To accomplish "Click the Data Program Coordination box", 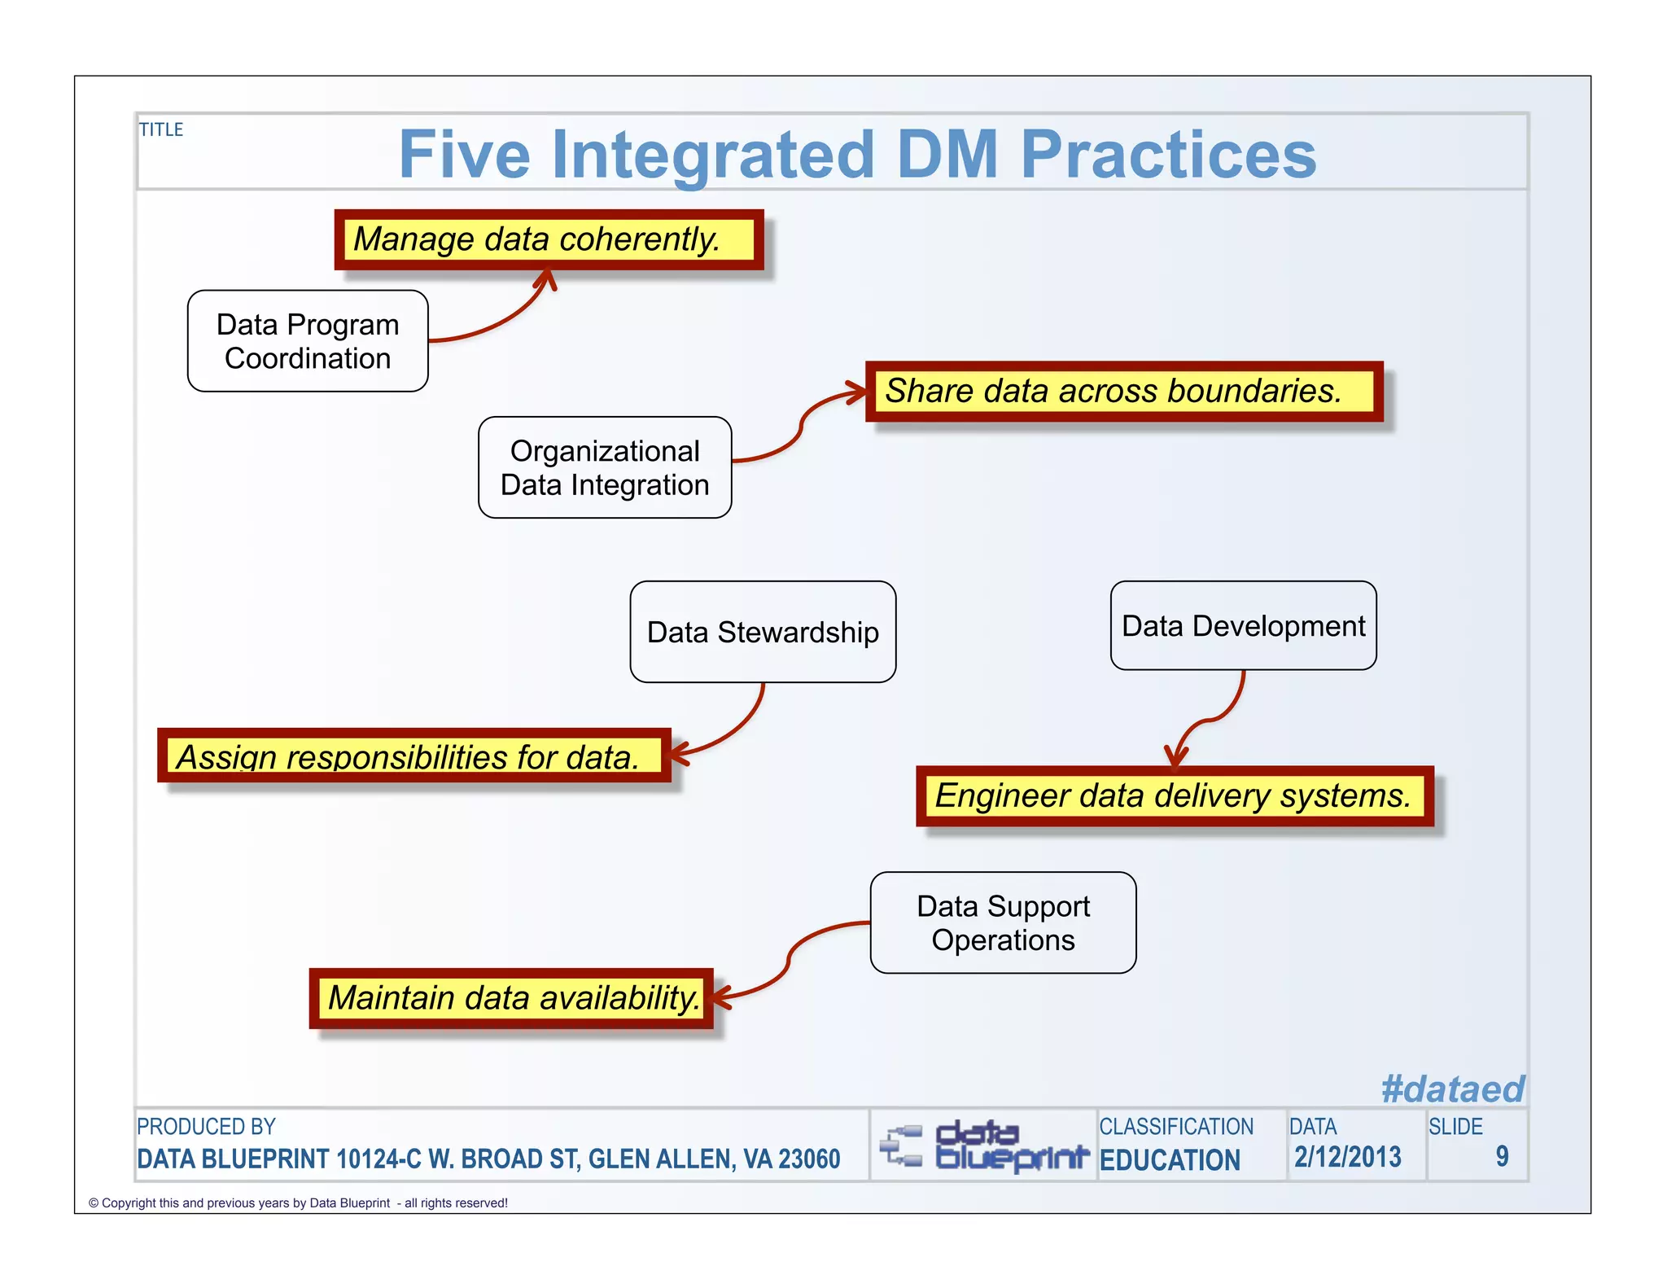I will (x=308, y=341).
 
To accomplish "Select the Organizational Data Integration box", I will (x=605, y=467).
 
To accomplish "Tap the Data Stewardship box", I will (x=763, y=632).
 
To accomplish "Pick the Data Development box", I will (x=1243, y=625).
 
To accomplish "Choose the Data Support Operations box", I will (x=1003, y=922).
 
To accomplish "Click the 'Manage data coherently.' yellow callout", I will (x=549, y=239).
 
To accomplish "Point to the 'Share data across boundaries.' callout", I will (x=1123, y=391).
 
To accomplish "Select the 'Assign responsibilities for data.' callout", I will (x=413, y=756).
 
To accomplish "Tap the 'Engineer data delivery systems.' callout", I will (x=1174, y=795).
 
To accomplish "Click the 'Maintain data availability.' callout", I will (x=511, y=997).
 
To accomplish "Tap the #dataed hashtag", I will (x=1451, y=1089).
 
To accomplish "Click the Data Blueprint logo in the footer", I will (x=983, y=1145).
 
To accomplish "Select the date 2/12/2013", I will (x=1347, y=1157).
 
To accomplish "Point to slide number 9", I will (x=1501, y=1156).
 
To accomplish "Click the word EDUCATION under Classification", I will (x=1170, y=1159).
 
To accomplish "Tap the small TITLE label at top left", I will (x=161, y=129).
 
